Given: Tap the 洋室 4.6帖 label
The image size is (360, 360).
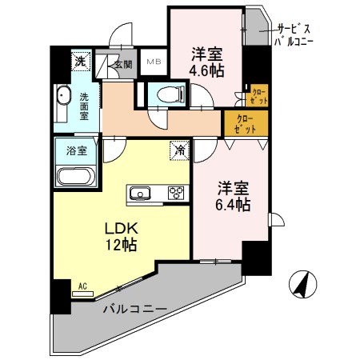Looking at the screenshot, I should coord(207,62).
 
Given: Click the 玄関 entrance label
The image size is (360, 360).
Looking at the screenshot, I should coord(122,65).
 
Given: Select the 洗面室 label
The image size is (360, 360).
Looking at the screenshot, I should coord(84,106).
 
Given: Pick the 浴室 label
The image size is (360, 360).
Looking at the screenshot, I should coord(66,149).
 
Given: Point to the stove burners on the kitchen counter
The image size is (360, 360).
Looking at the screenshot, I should coord(174,193).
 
